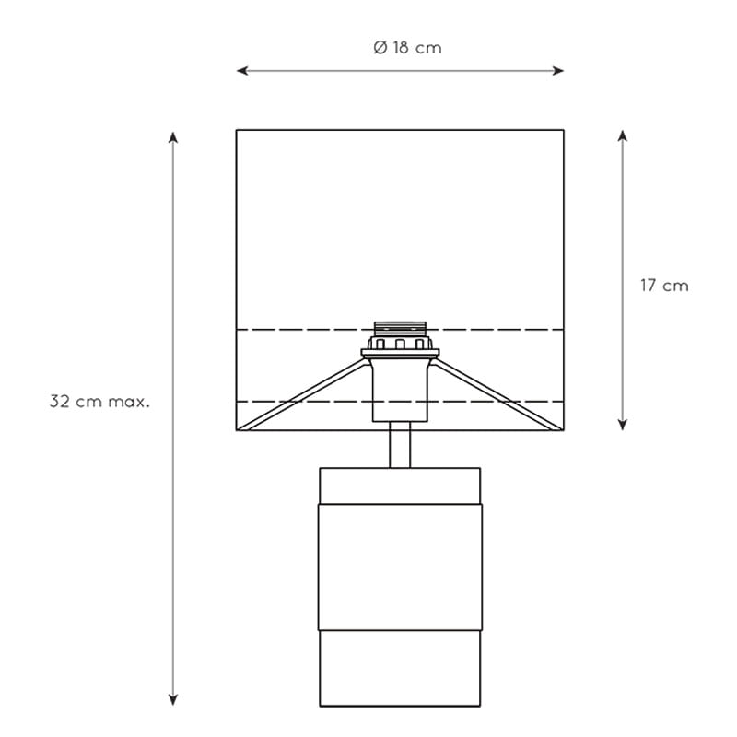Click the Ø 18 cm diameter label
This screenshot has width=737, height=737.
click(x=407, y=48)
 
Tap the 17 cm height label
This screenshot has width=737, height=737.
click(x=664, y=286)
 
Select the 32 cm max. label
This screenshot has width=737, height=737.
click(x=99, y=402)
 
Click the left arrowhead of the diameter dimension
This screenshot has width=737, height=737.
click(x=241, y=71)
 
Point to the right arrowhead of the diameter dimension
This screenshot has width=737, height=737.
click(x=558, y=71)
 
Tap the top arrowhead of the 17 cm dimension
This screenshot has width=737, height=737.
click(x=623, y=135)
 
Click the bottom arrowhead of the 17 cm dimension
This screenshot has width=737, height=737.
click(x=623, y=425)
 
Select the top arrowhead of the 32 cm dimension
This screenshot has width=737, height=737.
click(x=173, y=137)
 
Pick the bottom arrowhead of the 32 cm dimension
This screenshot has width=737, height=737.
click(x=173, y=700)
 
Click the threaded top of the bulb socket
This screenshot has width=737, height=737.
click(x=400, y=329)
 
